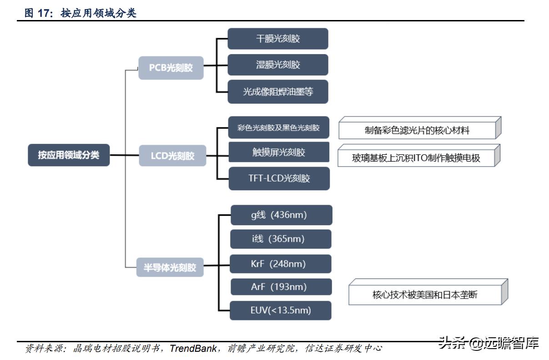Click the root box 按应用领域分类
(68, 155)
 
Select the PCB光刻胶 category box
(171, 68)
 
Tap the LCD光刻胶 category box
(172, 156)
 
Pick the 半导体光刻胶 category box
(170, 268)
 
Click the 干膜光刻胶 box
(278, 39)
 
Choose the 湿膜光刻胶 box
(278, 65)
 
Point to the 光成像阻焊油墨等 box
(278, 91)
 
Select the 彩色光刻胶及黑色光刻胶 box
(278, 128)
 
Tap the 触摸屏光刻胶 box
(278, 152)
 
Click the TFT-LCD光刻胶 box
(279, 178)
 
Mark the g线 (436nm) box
(281, 215)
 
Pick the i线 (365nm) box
(281, 239)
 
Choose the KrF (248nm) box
(281, 264)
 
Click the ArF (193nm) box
(281, 287)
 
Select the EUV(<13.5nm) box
(281, 310)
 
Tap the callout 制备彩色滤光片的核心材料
(417, 131)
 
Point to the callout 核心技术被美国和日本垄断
(425, 295)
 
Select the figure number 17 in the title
(43, 13)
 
